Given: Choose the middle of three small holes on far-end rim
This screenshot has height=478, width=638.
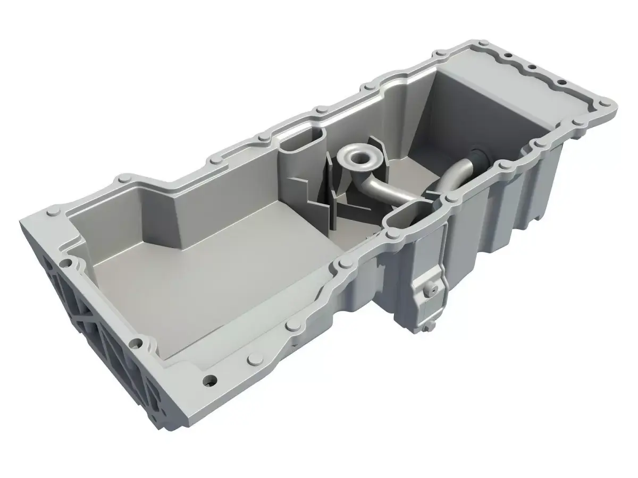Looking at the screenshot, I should click(530, 67).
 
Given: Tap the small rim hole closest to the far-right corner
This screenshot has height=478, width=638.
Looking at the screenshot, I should click(559, 82).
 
